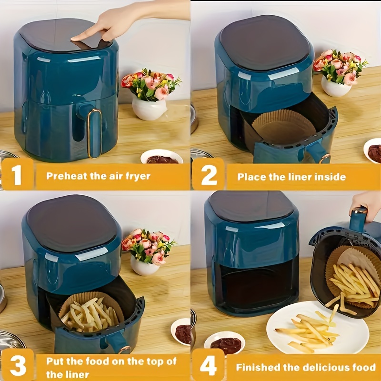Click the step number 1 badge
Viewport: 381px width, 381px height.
[17, 174]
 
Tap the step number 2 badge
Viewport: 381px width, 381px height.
[208, 174]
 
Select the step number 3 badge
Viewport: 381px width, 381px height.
[18, 364]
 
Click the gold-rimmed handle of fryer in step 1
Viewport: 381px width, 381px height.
[94, 133]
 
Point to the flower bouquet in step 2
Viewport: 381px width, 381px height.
[340, 66]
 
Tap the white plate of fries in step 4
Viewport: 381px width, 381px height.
[318, 327]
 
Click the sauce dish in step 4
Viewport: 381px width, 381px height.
[224, 343]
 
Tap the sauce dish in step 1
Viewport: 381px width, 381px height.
[162, 157]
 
